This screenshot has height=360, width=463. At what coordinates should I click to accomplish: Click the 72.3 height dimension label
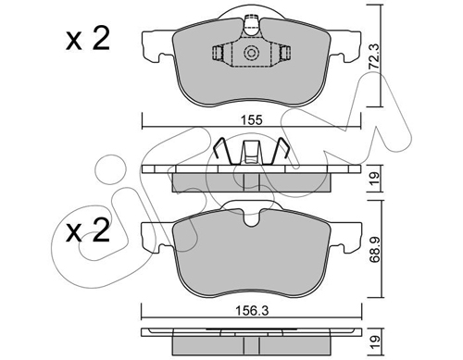(374, 56)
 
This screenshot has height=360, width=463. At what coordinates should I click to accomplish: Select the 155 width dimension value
(252, 119)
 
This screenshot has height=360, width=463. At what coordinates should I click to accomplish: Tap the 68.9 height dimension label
(374, 249)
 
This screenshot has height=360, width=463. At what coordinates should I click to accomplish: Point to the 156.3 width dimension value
(252, 311)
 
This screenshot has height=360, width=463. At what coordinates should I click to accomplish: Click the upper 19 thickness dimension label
(374, 179)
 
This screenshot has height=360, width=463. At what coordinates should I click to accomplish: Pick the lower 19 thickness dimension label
(374, 341)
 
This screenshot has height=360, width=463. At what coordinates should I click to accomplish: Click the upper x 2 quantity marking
(88, 40)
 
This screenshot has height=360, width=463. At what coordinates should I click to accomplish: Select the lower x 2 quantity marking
(88, 230)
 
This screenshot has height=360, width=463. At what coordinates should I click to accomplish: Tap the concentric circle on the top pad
(250, 53)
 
